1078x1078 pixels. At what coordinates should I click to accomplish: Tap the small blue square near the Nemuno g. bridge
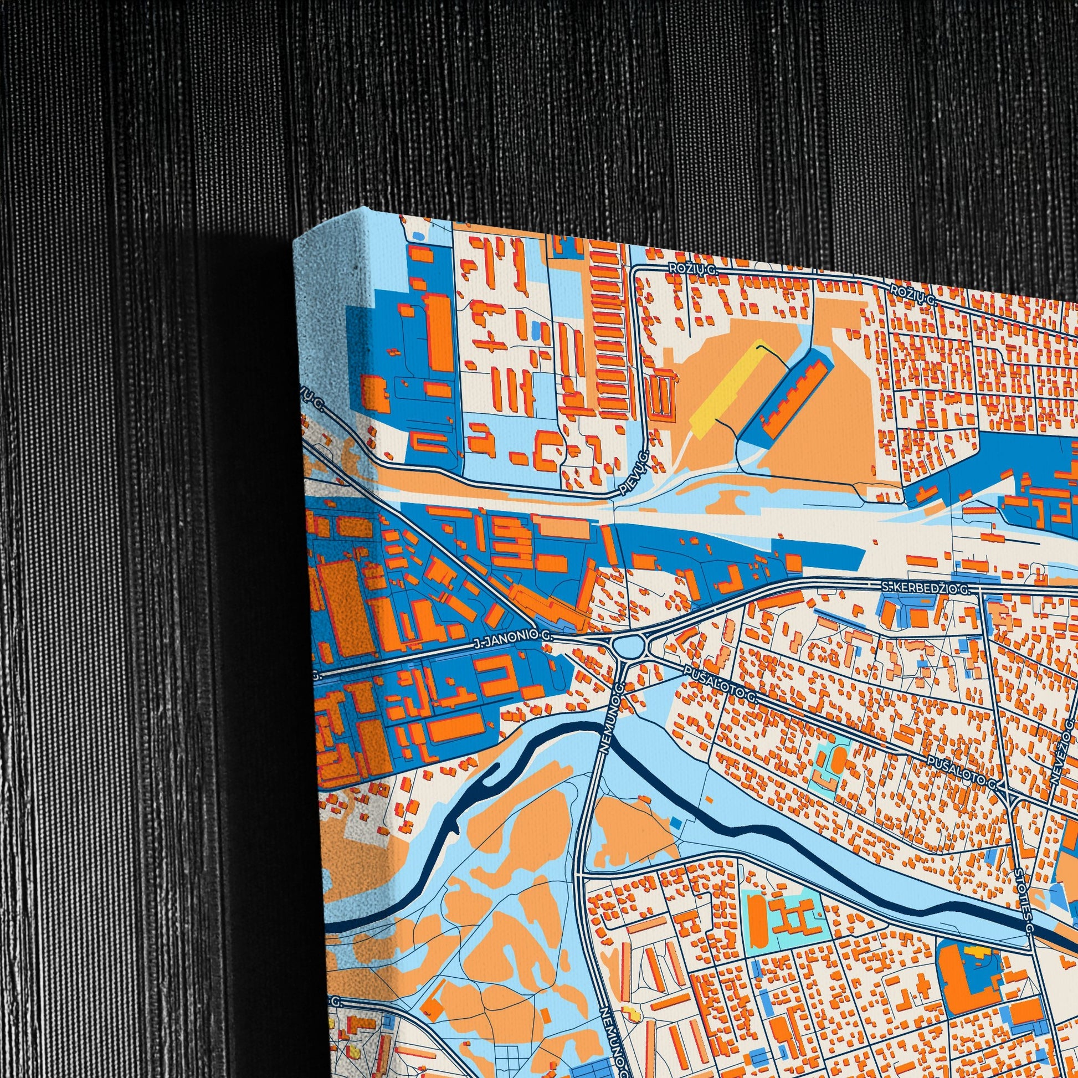click(x=676, y=822)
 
